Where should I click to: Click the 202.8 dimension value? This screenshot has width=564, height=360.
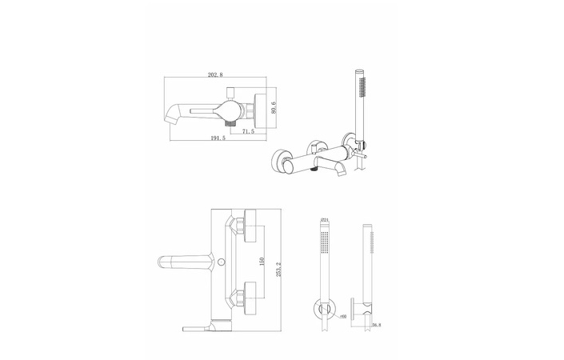coord(214,75)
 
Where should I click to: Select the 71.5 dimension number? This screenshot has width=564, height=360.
coord(247,131)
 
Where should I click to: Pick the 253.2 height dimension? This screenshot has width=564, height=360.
coord(278,270)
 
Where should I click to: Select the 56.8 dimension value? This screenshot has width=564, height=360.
coord(376,326)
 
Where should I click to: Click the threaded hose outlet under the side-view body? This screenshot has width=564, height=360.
coord(229,123)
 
